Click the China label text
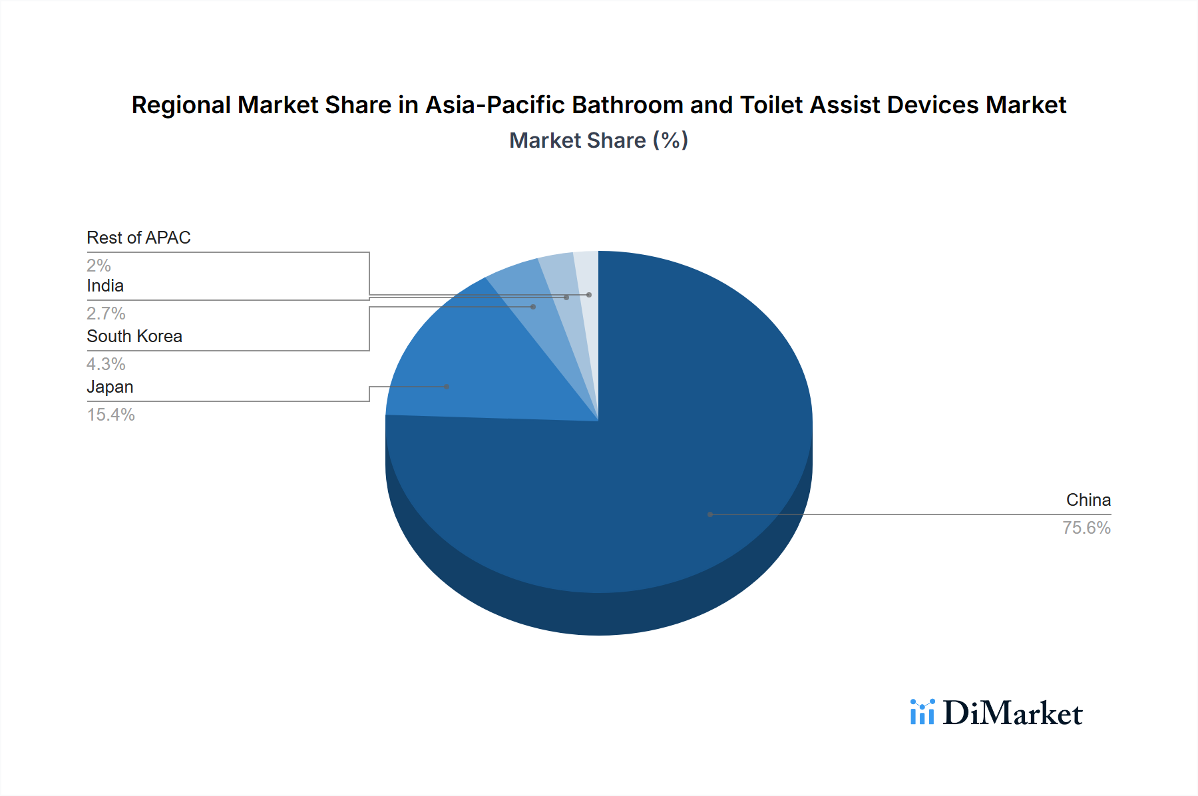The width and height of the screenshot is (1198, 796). [x=1088, y=500]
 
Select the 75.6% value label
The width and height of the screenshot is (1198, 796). [x=1086, y=528]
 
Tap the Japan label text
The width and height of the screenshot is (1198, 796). [x=110, y=387]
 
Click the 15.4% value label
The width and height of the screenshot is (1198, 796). [x=110, y=415]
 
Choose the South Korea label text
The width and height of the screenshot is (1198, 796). [x=134, y=336]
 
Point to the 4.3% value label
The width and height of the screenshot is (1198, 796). [x=106, y=364]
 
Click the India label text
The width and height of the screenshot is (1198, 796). [x=105, y=286]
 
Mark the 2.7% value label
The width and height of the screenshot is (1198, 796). [x=106, y=313]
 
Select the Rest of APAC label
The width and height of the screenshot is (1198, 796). [x=138, y=238]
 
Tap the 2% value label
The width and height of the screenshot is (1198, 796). [x=99, y=266]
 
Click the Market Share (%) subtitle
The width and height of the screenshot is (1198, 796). [x=598, y=140]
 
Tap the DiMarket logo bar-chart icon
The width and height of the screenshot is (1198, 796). [x=922, y=712]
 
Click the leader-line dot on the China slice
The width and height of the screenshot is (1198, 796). [x=710, y=514]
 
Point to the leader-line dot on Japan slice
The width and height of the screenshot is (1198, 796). [x=447, y=387]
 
